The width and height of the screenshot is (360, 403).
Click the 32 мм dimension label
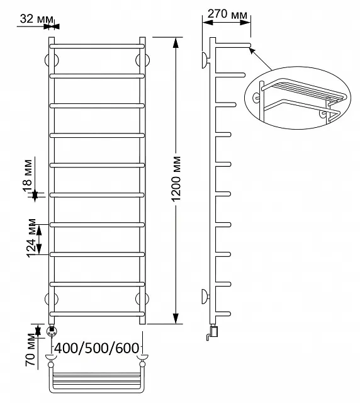pos(37,19)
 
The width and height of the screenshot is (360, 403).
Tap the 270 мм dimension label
pos(227,14)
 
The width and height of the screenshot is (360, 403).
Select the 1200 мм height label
pos(176,179)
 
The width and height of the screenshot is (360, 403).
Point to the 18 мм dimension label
pos(28,176)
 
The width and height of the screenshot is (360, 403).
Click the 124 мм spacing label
pos(31,238)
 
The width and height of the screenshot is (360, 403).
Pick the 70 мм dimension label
pos(30,350)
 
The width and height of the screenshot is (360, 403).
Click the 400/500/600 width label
pos(97,348)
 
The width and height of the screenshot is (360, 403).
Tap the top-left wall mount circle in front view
pos(52,60)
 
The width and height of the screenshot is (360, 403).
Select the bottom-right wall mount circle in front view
pos(142,299)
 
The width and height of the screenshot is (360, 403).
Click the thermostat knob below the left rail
pos(52,331)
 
